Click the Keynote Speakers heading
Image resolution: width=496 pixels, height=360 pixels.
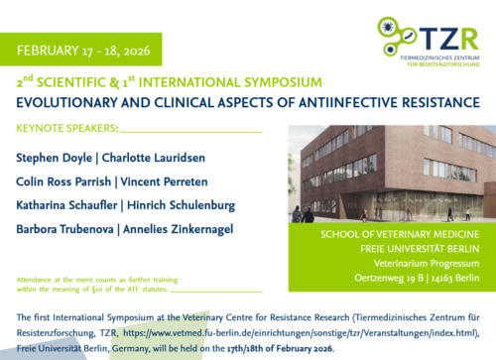click(x=67, y=128)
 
